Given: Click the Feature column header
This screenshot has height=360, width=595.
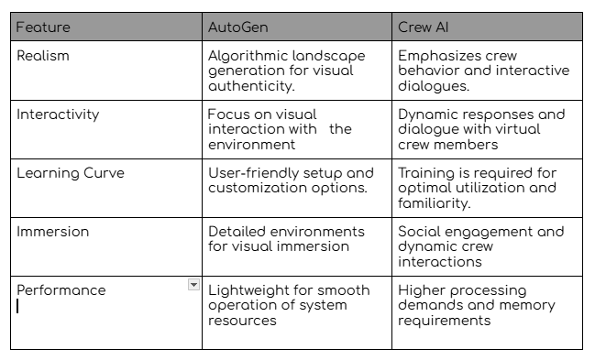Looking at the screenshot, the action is (x=42, y=27).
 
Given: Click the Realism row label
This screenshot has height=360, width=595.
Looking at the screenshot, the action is (x=42, y=56).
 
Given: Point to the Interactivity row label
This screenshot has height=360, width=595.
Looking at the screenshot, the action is (x=58, y=115).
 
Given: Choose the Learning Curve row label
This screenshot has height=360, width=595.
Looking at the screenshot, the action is (x=70, y=173).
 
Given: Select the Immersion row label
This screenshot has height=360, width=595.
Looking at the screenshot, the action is (x=53, y=232).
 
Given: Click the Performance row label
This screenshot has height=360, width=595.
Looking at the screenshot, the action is (x=61, y=290).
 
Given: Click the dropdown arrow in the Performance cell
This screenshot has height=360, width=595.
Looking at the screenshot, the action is (x=193, y=285).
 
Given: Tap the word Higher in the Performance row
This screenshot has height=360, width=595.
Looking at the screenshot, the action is (x=421, y=290).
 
